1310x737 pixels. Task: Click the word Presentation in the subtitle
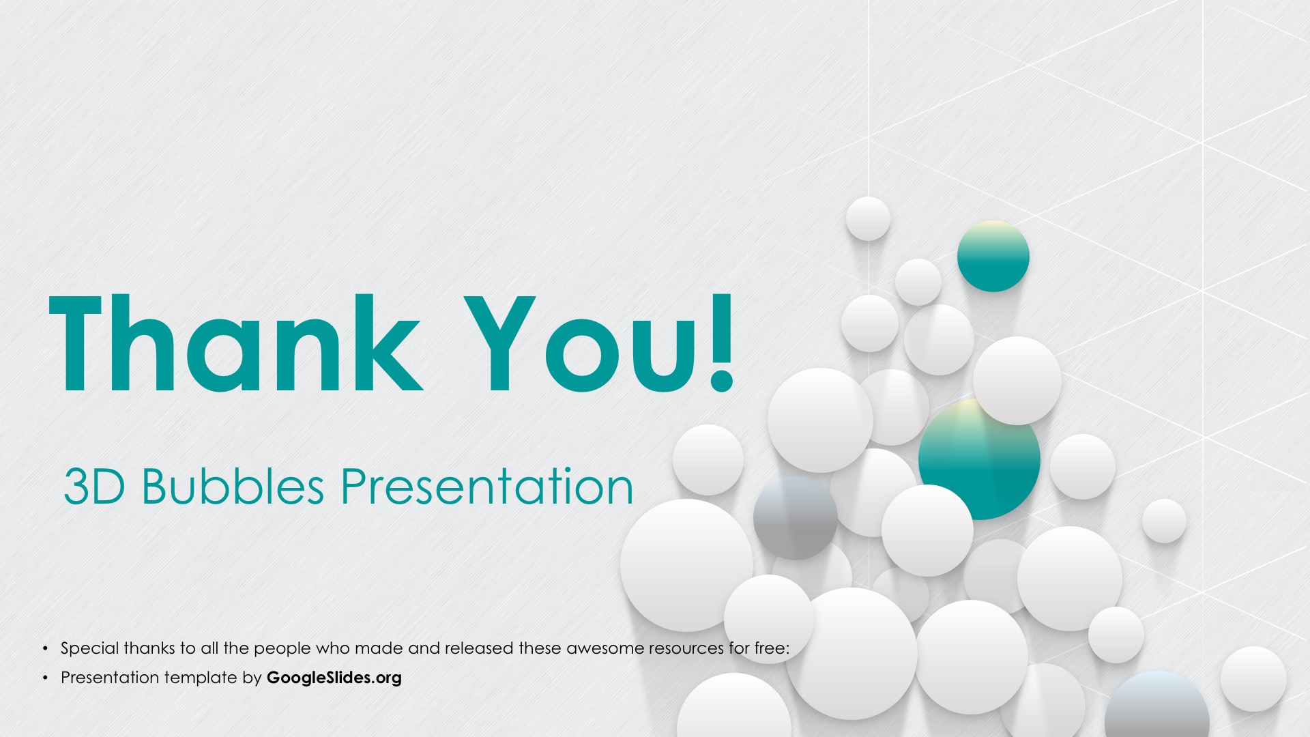487,487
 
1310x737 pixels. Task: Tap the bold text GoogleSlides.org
334,678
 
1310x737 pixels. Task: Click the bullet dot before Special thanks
46,648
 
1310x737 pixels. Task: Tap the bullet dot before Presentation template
46,678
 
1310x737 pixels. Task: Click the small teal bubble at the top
993,257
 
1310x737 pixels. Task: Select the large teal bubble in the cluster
979,459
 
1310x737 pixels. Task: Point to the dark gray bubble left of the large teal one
796,517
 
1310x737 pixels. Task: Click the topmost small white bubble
868,218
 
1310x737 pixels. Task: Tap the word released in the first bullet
479,648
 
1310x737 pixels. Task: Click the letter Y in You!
499,343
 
